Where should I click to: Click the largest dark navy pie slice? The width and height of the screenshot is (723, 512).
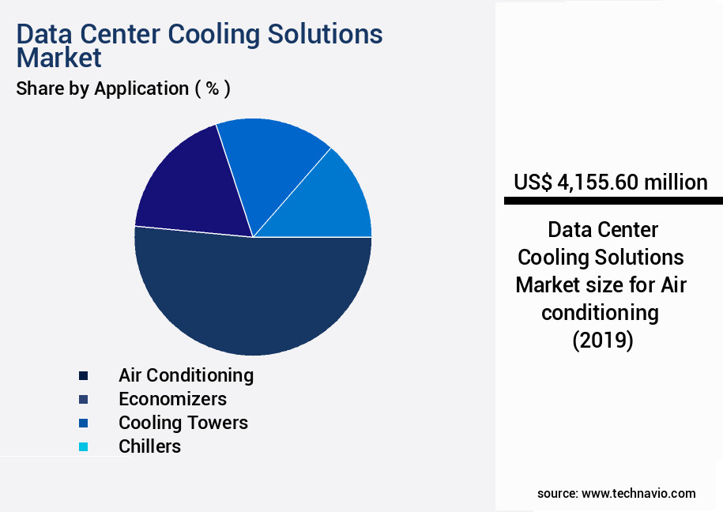(253, 296)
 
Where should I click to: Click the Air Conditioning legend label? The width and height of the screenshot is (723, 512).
(186, 375)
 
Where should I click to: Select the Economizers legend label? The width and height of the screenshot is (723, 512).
(172, 398)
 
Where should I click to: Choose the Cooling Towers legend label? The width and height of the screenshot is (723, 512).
(183, 423)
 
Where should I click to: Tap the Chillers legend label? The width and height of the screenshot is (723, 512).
(149, 446)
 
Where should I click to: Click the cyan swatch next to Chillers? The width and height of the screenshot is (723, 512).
(83, 447)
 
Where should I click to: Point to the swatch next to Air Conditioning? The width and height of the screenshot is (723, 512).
(83, 375)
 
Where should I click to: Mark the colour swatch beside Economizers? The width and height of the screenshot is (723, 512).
(83, 399)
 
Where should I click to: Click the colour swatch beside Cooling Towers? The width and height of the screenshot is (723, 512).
(83, 424)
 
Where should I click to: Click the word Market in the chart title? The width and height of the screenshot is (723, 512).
(58, 58)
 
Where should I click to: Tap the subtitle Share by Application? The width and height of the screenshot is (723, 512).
(122, 88)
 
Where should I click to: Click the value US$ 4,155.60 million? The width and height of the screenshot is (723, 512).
(610, 183)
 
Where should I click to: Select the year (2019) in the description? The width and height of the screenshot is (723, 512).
(601, 341)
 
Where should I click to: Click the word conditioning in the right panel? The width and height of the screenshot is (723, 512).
(600, 313)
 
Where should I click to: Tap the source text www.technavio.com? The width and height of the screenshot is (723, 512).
(638, 493)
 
